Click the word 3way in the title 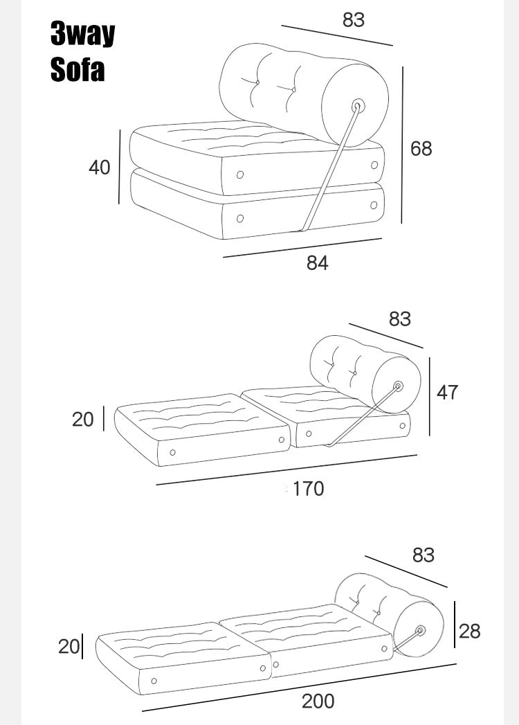pyautogui.click(x=83, y=33)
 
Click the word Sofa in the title pyautogui.click(x=78, y=69)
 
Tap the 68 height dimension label pyautogui.click(x=421, y=148)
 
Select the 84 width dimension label pyautogui.click(x=318, y=262)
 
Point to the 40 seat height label pyautogui.click(x=100, y=167)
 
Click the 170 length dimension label pyautogui.click(x=308, y=489)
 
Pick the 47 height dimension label pyautogui.click(x=447, y=392)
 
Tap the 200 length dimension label pyautogui.click(x=318, y=701)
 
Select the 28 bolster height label pyautogui.click(x=470, y=631)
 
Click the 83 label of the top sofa pyautogui.click(x=354, y=20)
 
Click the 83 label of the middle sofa pyautogui.click(x=400, y=319)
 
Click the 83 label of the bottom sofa pyautogui.click(x=424, y=555)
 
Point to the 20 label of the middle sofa pyautogui.click(x=83, y=420)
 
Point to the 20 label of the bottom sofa pyautogui.click(x=69, y=646)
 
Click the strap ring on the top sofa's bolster pyautogui.click(x=358, y=106)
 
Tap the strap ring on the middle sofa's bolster pyautogui.click(x=398, y=386)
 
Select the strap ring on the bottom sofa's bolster pyautogui.click(x=420, y=631)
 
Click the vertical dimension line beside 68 pyautogui.click(x=402, y=145)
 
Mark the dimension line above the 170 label pyautogui.click(x=286, y=469)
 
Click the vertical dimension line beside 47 pyautogui.click(x=429, y=396)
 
